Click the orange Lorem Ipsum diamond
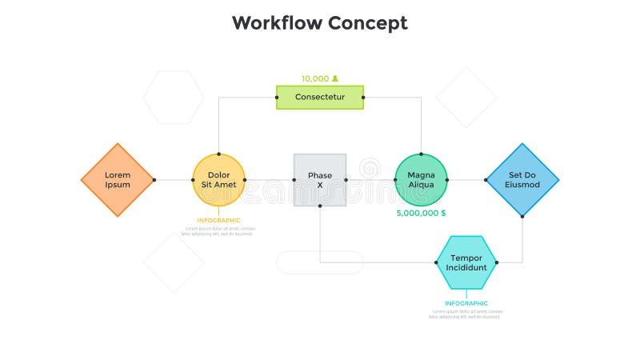[x=118, y=180]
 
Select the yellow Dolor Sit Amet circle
[x=218, y=180]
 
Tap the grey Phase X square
[x=320, y=180]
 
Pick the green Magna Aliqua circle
[x=421, y=180]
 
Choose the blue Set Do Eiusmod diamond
[x=522, y=180]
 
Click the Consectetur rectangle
[x=320, y=97]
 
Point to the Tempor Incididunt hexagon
[x=466, y=262]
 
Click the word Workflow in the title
[x=276, y=23]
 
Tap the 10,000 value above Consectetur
[x=315, y=78]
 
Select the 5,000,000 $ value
[x=421, y=213]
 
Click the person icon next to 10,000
[x=335, y=78]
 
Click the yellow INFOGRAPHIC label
[x=218, y=220]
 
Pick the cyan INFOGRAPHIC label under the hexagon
[x=466, y=303]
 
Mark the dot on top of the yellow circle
[x=218, y=153]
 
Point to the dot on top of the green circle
[x=421, y=153]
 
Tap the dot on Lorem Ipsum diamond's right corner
[x=154, y=180]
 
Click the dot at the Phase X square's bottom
[x=320, y=206]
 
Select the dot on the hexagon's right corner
[x=497, y=262]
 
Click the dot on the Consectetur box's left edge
[x=277, y=97]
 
